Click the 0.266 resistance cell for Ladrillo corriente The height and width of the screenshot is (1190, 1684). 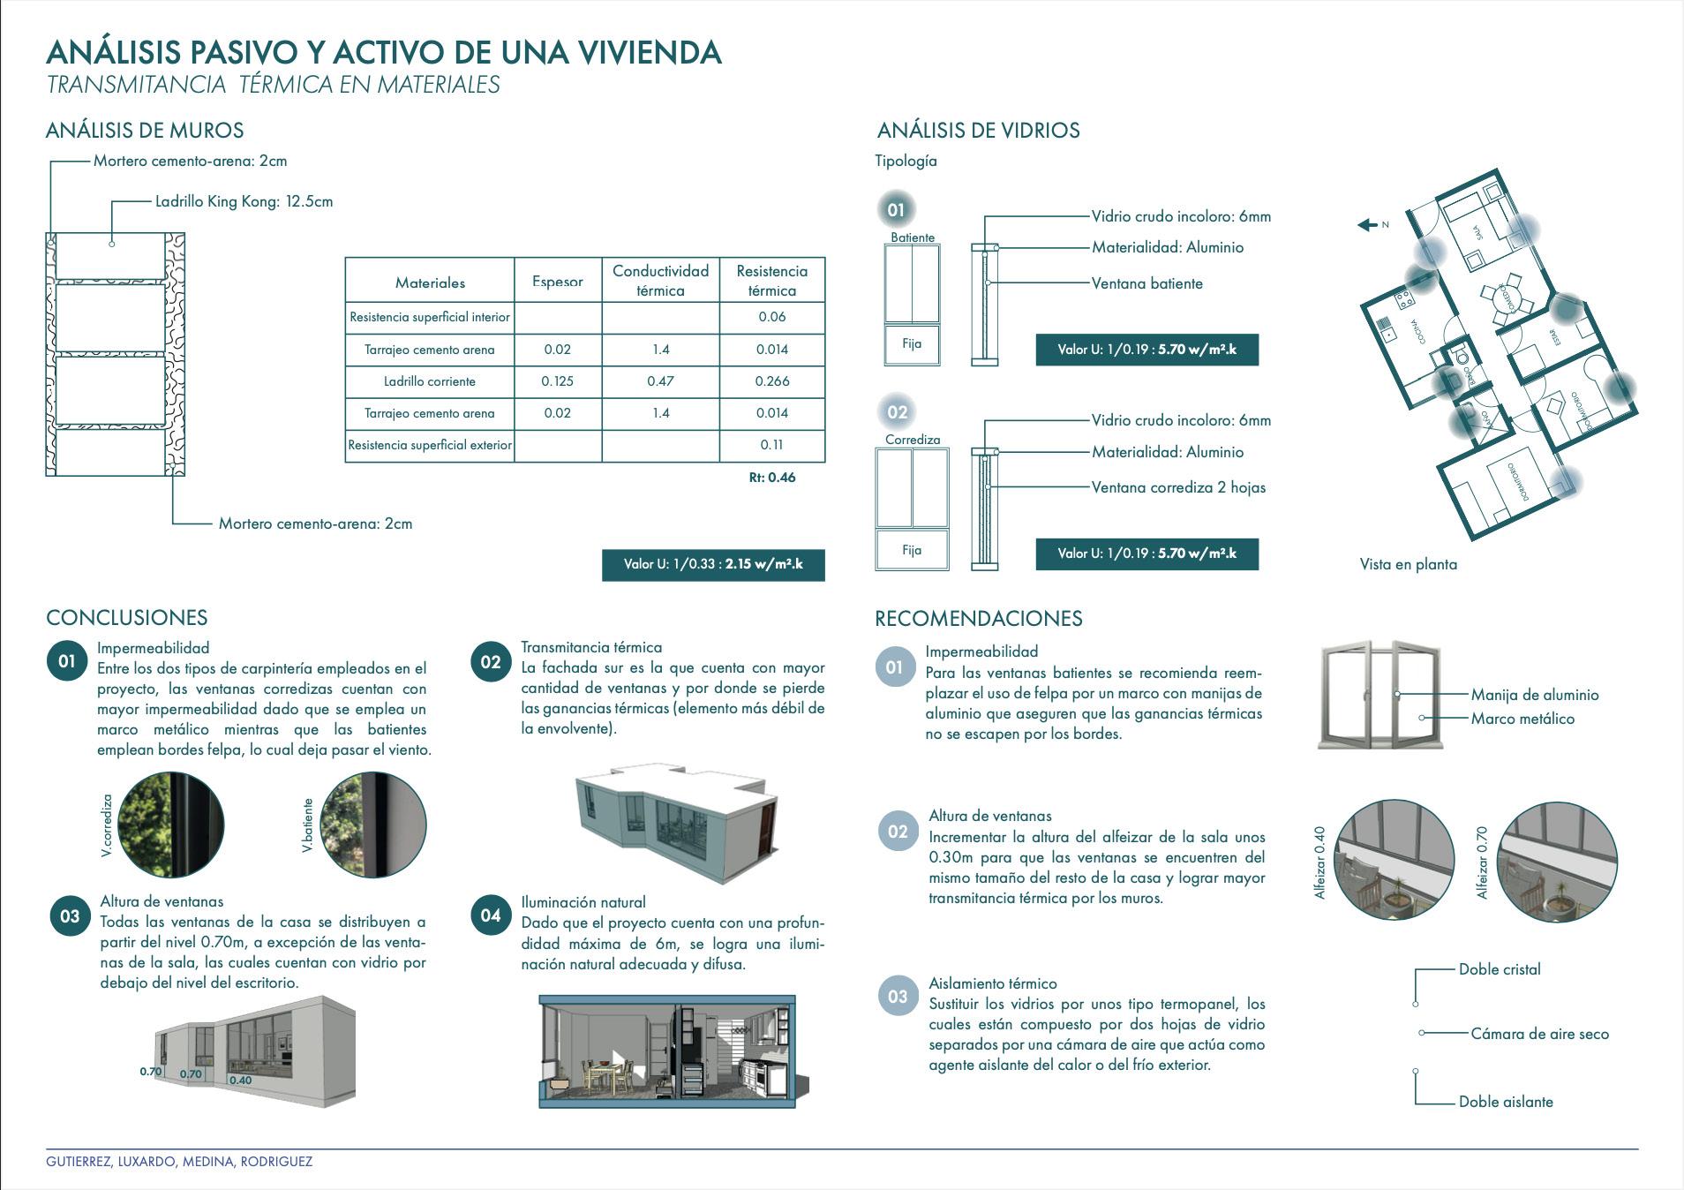coord(772,381)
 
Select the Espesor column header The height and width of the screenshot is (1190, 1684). coord(558,282)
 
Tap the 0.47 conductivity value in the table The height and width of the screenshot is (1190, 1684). coord(660,381)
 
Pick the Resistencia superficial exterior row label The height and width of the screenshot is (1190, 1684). coord(430,445)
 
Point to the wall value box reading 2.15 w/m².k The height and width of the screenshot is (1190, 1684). coord(713,564)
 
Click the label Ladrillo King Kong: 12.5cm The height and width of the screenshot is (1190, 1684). coord(244,201)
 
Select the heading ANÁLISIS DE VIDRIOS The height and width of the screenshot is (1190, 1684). coord(978,131)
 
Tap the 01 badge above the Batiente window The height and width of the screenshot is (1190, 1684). coord(896,210)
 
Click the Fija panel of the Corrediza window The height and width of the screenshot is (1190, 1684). coord(912,550)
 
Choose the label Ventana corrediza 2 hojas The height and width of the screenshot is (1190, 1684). coord(1178,487)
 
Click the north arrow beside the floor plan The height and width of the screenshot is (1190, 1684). coord(1367,225)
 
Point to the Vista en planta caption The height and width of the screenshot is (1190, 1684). coord(1408,564)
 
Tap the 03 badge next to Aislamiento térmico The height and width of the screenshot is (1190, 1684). coord(898,997)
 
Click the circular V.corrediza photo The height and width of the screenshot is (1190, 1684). coord(171,825)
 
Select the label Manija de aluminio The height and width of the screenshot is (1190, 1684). coord(1534,695)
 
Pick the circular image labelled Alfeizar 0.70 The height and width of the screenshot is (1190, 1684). coord(1558,862)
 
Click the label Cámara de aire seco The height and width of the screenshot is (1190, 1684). coord(1539,1034)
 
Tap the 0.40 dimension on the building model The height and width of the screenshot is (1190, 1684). coord(241,1080)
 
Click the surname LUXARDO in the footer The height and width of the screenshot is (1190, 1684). coord(147,1162)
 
